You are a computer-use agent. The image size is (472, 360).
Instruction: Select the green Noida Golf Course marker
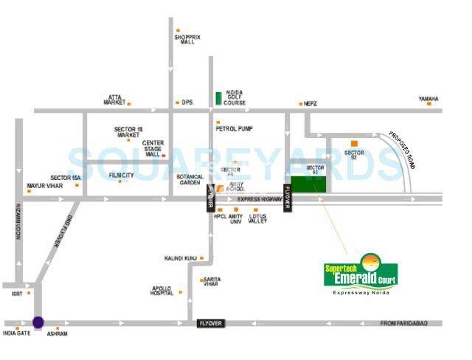click(218, 97)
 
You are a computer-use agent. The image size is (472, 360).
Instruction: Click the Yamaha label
click(428, 99)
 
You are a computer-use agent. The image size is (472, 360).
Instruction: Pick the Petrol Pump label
click(235, 129)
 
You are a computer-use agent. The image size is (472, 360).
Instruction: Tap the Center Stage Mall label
click(153, 148)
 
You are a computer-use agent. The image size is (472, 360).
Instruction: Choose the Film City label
click(121, 176)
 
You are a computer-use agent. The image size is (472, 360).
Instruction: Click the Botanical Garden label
click(190, 180)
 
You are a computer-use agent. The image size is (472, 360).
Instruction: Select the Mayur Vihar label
click(44, 186)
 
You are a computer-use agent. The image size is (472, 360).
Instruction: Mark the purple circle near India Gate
click(38, 322)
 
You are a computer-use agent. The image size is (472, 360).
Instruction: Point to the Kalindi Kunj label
click(179, 258)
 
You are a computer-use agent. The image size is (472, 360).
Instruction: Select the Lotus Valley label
click(257, 218)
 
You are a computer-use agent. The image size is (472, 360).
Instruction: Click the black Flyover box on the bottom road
click(211, 323)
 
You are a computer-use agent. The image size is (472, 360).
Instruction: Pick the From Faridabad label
click(404, 323)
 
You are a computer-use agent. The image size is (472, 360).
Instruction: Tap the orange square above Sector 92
click(354, 142)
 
